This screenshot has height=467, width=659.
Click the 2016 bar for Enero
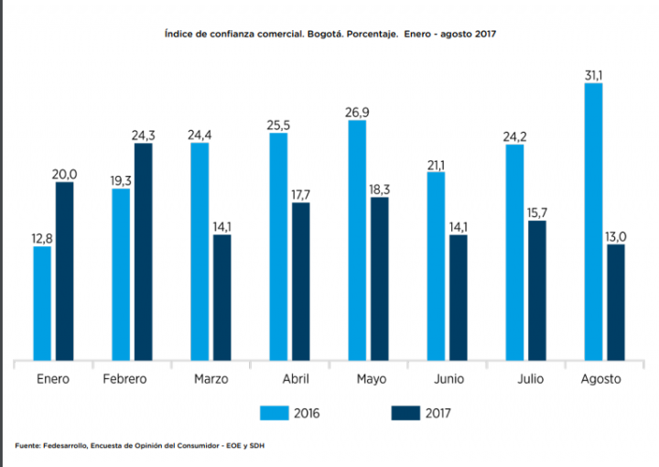coord(42,303)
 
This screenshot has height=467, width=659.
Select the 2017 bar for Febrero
coord(143,252)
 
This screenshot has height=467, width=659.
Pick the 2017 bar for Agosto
coord(615,302)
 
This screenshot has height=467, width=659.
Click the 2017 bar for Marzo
coord(221,298)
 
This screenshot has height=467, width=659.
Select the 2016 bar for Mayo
coord(357,240)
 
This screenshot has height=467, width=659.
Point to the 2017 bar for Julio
coord(536,290)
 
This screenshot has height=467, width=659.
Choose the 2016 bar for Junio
coord(436,266)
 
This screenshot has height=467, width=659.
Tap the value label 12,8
coord(42,238)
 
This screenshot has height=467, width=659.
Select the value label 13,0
coord(615,235)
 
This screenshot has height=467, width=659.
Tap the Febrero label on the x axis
coord(124,379)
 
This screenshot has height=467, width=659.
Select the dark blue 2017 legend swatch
coord(405,413)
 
